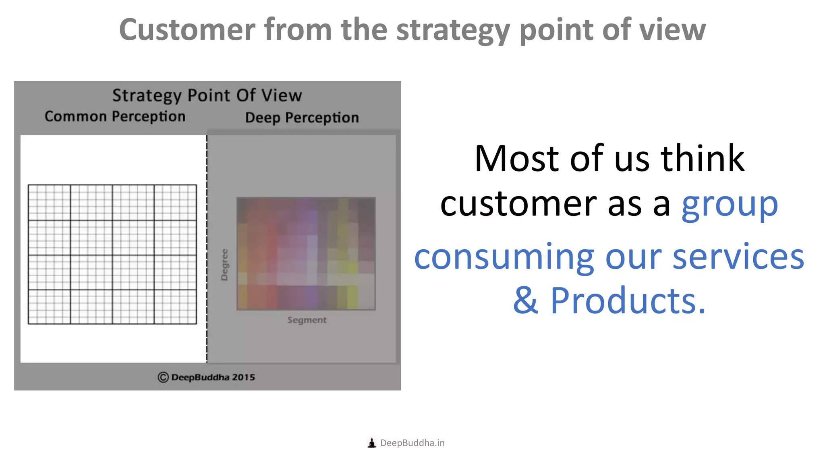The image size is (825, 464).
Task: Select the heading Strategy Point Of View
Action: click(x=207, y=96)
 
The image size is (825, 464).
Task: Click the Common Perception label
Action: click(x=115, y=116)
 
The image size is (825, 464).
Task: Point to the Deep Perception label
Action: click(x=302, y=118)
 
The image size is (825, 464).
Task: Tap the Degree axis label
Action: click(x=224, y=265)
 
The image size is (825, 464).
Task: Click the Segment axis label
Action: click(x=307, y=320)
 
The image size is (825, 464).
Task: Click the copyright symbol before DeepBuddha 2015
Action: click(x=163, y=377)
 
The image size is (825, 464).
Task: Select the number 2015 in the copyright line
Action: click(x=243, y=377)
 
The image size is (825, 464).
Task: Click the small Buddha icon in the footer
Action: click(x=372, y=443)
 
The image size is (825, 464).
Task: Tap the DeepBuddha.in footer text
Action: click(x=412, y=443)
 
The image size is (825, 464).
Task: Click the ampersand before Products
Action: click(x=525, y=301)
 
